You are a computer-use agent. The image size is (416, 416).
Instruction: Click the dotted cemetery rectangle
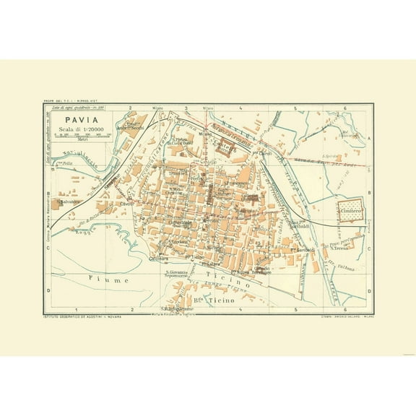point(351,211)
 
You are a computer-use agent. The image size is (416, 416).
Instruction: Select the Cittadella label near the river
point(264,268)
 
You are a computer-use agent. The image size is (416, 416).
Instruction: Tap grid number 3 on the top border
point(186,108)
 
